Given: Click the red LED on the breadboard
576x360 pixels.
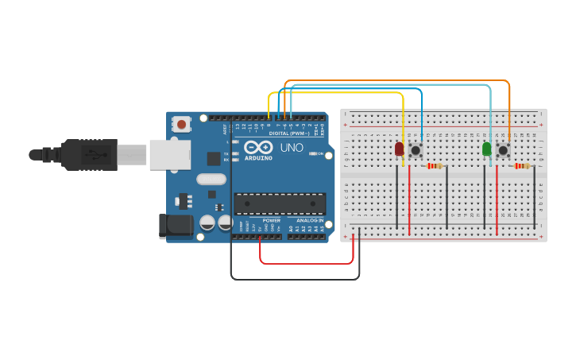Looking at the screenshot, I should click(x=400, y=149).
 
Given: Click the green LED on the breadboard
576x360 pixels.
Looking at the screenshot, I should click(x=487, y=149).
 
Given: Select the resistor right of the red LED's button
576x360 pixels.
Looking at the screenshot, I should click(x=434, y=166).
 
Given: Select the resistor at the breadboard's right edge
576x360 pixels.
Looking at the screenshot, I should click(x=521, y=166).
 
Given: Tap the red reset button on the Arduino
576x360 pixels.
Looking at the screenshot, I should click(x=182, y=124).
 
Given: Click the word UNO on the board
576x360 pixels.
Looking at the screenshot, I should click(x=292, y=147).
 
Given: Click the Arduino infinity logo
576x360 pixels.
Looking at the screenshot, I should click(x=258, y=147).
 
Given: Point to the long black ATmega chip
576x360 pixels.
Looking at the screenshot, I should click(x=279, y=203).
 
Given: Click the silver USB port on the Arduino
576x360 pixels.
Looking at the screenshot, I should click(x=169, y=154).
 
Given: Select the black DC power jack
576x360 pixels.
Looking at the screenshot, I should click(x=176, y=226).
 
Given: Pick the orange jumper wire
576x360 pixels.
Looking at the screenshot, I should click(x=397, y=80).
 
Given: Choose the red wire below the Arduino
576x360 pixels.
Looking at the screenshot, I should click(x=306, y=263).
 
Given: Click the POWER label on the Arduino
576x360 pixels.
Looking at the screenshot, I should click(x=271, y=221).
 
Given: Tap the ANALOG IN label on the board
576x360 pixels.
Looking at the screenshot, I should click(x=310, y=221).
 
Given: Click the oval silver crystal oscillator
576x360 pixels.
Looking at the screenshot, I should click(x=211, y=179).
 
